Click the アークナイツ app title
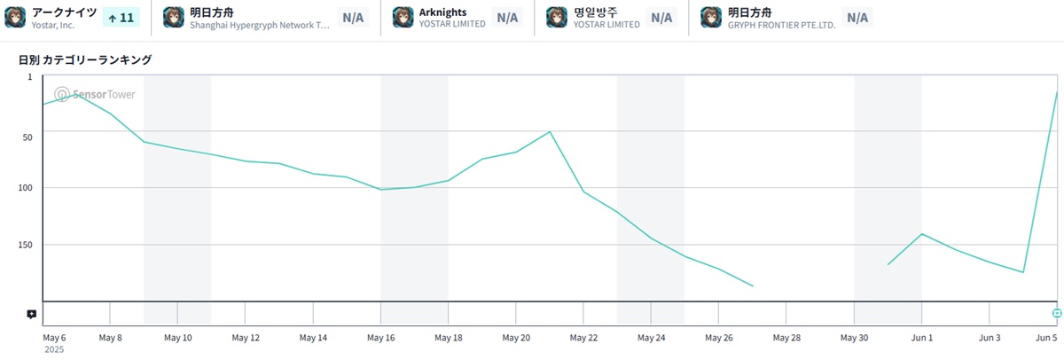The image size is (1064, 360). pos(64,12)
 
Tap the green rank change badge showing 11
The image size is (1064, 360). pos(121,17)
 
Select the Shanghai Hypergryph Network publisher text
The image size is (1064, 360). pos(260,25)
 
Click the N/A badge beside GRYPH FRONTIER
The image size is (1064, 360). pos(857,17)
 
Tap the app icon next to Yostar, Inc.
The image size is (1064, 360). pos(15,17)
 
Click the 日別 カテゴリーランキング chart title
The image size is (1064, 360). pos(85,60)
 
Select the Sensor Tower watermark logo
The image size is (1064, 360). pos(95,94)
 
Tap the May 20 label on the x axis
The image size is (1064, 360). pos(516,338)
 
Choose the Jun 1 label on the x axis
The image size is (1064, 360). pos(922,338)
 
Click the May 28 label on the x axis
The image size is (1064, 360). pos(786,338)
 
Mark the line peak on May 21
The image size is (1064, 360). pos(550,132)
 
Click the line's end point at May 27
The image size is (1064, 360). pos(753,286)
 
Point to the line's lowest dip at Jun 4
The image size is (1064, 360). pos(1023,272)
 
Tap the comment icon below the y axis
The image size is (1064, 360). pos(31,314)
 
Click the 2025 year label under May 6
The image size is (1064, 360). pos(54,350)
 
